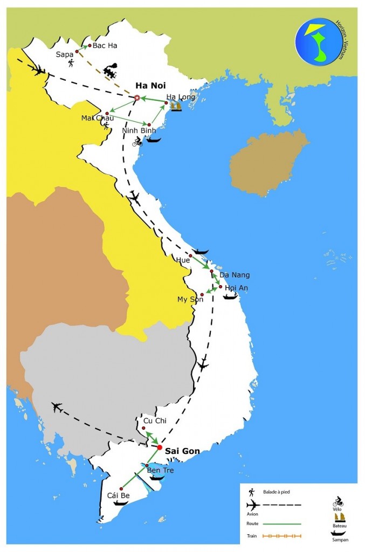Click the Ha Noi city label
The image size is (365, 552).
pos(150,86)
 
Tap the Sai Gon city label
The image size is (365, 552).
pos(182,451)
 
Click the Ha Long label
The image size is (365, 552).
pos(177,97)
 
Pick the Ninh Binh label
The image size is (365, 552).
pos(139,130)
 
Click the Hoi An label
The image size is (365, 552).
pos(237,288)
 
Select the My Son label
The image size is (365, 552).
pos(190,299)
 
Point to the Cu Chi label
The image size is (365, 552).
pos(151,420)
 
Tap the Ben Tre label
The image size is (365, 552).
pos(160,470)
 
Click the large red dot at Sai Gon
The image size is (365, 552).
pos(160,447)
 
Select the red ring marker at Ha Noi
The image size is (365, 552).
pos(137,98)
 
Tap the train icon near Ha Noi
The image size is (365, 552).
pos(111,71)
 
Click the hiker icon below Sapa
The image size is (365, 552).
pos(71,64)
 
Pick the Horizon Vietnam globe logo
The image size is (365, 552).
pos(318,41)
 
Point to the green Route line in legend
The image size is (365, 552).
pos(283,523)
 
